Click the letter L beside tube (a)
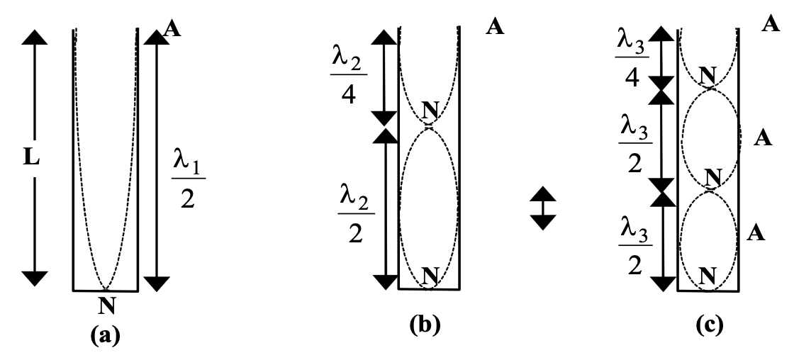tap(30, 157)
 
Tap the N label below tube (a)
tap(105, 306)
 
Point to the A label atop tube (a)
tap(170, 28)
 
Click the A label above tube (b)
tap(495, 28)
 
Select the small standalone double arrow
tap(542, 208)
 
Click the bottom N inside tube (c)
tap(707, 274)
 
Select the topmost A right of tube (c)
tap(771, 25)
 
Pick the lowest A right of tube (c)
tap(756, 232)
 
